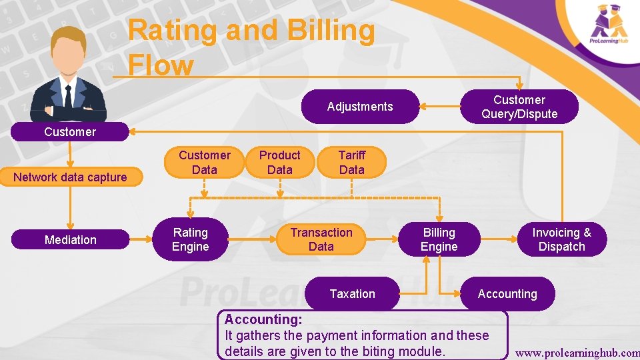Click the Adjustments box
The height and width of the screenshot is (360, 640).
point(360,107)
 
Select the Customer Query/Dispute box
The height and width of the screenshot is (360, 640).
point(519,107)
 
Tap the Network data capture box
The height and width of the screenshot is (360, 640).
point(71,177)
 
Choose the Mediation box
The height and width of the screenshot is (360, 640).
point(71,239)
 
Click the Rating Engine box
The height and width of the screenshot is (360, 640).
point(191,239)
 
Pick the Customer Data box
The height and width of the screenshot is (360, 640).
point(204,162)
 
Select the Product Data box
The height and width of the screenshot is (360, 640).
point(280,162)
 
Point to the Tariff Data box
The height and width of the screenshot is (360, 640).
point(352,162)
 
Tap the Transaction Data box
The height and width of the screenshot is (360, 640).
point(321,239)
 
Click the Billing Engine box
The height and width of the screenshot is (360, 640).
point(439,239)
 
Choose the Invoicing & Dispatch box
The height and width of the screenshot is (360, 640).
point(561,239)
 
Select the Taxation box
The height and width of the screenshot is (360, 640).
point(353,294)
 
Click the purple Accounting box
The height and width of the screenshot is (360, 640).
point(507,294)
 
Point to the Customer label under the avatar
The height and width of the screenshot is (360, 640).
point(70,131)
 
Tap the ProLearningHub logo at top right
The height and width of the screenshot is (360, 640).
point(610,25)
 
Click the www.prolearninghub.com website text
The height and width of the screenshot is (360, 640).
point(577,351)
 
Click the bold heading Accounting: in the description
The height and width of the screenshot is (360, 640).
point(264,320)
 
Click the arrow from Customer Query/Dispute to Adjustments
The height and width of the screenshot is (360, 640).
point(440,107)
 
